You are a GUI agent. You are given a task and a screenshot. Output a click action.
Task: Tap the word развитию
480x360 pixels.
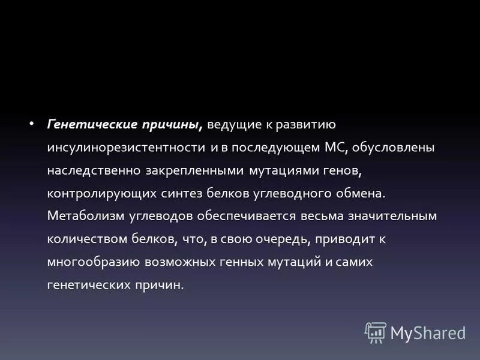pyautogui.click(x=305, y=125)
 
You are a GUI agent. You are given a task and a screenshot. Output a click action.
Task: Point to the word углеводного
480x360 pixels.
pyautogui.click(x=292, y=193)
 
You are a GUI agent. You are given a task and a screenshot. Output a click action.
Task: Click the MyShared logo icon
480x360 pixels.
pyautogui.click(x=376, y=332)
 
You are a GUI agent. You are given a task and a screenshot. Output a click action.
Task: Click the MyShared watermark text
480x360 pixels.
pyautogui.click(x=428, y=332)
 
